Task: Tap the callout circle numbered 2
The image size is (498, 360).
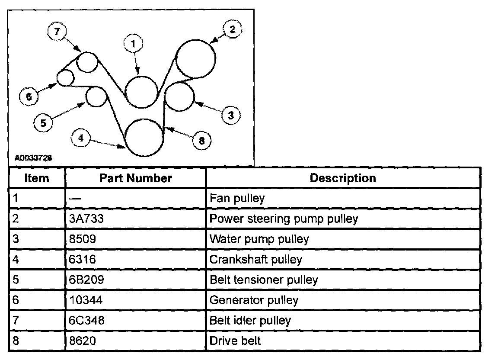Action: tap(232, 29)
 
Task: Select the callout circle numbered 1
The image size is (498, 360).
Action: tap(134, 44)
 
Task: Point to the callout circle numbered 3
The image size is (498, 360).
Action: tap(230, 115)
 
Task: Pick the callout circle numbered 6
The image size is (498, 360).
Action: tap(29, 97)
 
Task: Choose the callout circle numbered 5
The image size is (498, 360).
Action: tap(43, 123)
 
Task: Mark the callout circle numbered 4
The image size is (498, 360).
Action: tap(81, 138)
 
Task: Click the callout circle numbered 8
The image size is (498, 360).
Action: tap(201, 140)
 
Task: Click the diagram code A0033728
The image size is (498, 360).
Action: tap(33, 158)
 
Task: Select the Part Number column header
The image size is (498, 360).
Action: tap(135, 178)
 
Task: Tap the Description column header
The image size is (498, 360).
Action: tap(343, 178)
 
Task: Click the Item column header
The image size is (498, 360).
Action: tap(37, 178)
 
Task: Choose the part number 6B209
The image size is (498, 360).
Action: tap(86, 280)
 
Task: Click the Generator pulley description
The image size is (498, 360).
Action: tap(254, 300)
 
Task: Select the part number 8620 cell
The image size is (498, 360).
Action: tap(82, 341)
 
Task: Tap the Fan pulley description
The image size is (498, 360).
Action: tap(237, 199)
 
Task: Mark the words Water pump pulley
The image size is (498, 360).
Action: tap(259, 239)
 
